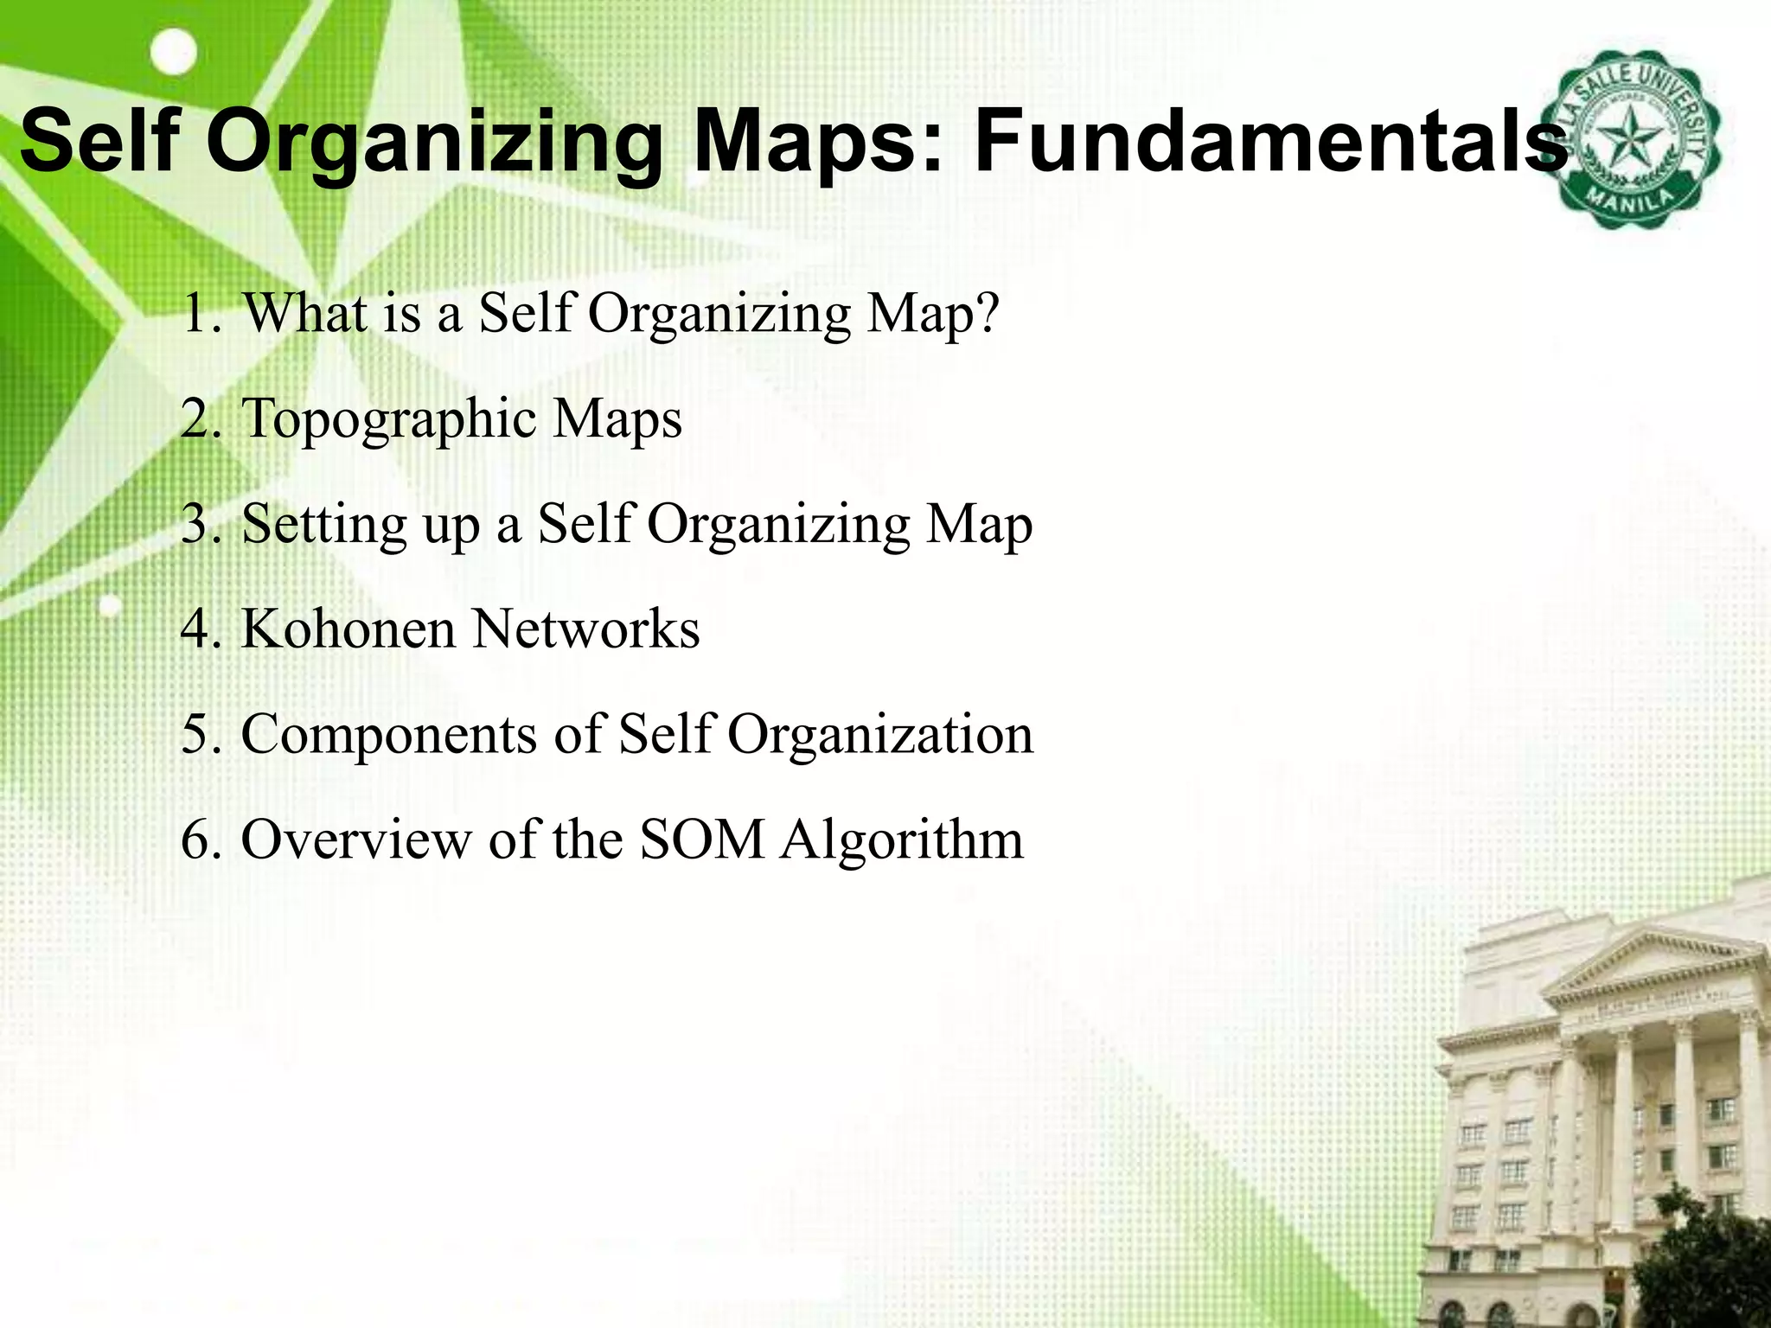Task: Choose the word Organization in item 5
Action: tap(879, 735)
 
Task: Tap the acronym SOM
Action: tap(702, 840)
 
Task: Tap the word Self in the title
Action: tap(102, 140)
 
